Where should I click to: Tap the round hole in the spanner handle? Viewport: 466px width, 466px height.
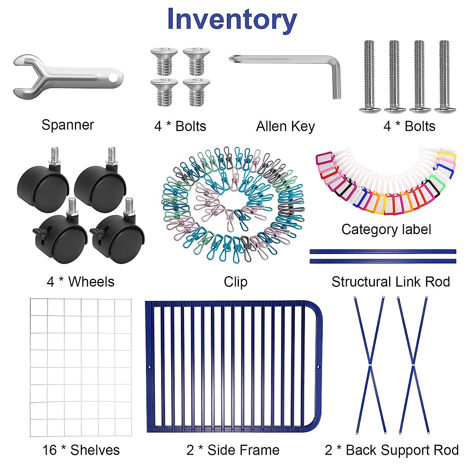click(113, 78)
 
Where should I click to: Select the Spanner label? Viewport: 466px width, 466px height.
click(68, 125)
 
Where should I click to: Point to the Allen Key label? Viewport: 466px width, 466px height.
click(285, 127)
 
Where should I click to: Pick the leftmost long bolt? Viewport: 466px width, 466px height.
click(370, 77)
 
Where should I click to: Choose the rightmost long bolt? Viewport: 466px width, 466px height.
click(445, 77)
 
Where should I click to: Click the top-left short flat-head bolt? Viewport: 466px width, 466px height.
click(164, 61)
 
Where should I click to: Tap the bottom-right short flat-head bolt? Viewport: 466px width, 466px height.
click(196, 92)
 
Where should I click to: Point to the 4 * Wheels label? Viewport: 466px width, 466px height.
click(80, 282)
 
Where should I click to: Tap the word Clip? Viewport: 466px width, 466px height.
click(236, 282)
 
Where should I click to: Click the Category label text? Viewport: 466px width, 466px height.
click(386, 230)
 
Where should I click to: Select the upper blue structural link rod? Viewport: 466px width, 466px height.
click(383, 252)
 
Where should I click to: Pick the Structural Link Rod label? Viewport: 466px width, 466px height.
click(391, 282)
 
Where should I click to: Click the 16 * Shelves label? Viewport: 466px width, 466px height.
click(81, 450)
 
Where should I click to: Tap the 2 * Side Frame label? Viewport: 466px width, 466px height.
click(233, 450)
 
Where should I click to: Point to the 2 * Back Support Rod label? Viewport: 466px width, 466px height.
click(392, 450)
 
